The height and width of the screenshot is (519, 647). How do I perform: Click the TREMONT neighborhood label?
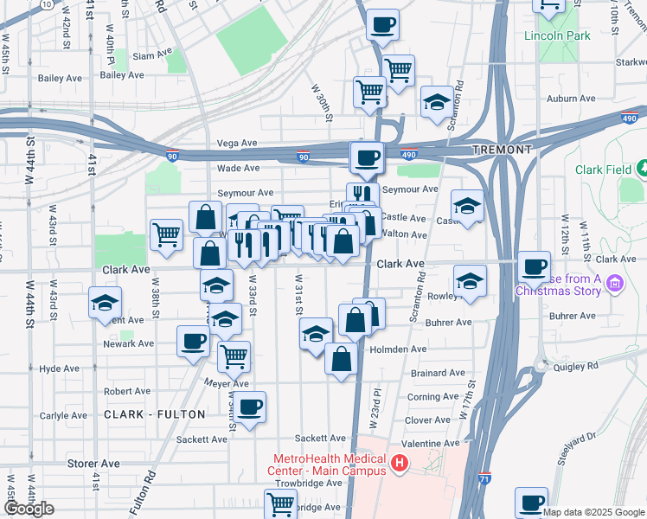[x=503, y=150]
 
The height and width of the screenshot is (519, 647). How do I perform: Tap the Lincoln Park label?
[x=557, y=36]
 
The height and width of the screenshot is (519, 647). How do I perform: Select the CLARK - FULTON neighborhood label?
[x=155, y=414]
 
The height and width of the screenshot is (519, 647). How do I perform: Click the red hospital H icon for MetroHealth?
[x=399, y=465]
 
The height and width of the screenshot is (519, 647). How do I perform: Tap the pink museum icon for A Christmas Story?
[x=616, y=283]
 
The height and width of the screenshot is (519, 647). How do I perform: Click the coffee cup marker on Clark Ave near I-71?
[x=534, y=265]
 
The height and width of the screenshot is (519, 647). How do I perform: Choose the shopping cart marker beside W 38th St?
[x=165, y=233]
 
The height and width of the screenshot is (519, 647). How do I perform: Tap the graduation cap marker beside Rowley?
[x=470, y=280]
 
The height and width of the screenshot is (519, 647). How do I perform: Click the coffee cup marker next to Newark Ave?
[x=192, y=339]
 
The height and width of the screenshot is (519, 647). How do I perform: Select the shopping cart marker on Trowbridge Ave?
[x=280, y=503]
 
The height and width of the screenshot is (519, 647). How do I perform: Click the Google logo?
[x=28, y=509]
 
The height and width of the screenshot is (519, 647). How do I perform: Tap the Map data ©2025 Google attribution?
[x=593, y=512]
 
